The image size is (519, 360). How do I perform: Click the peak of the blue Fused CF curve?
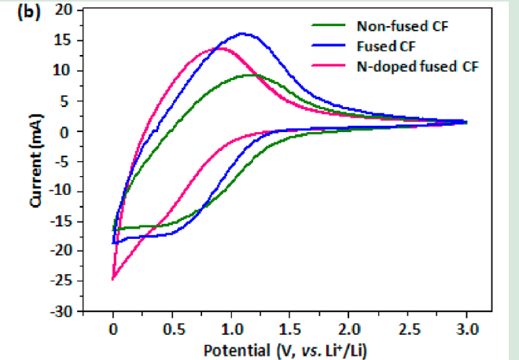pos(242,34)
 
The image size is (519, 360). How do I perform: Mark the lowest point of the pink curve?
pos(113,279)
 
